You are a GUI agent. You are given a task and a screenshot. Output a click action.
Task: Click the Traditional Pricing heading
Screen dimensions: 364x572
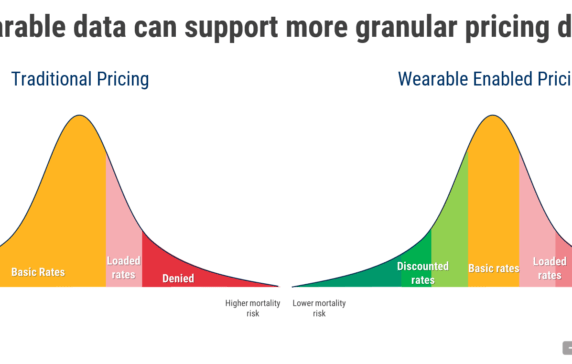pos(80,78)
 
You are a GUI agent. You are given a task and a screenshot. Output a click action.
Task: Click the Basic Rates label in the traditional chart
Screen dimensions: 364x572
pos(38,271)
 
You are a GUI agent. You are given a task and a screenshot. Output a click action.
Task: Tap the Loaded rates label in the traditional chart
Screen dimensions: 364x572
pos(123,267)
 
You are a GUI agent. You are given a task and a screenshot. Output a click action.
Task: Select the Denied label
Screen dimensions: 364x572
pos(178,278)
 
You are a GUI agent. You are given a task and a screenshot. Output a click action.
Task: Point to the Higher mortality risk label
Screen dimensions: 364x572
pos(243,307)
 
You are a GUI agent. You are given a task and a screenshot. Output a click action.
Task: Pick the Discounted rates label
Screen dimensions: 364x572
pos(423,273)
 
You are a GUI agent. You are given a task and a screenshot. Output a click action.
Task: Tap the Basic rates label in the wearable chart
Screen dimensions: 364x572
pos(494,268)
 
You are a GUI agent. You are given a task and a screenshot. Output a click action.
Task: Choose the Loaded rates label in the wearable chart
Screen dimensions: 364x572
pos(548,267)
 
